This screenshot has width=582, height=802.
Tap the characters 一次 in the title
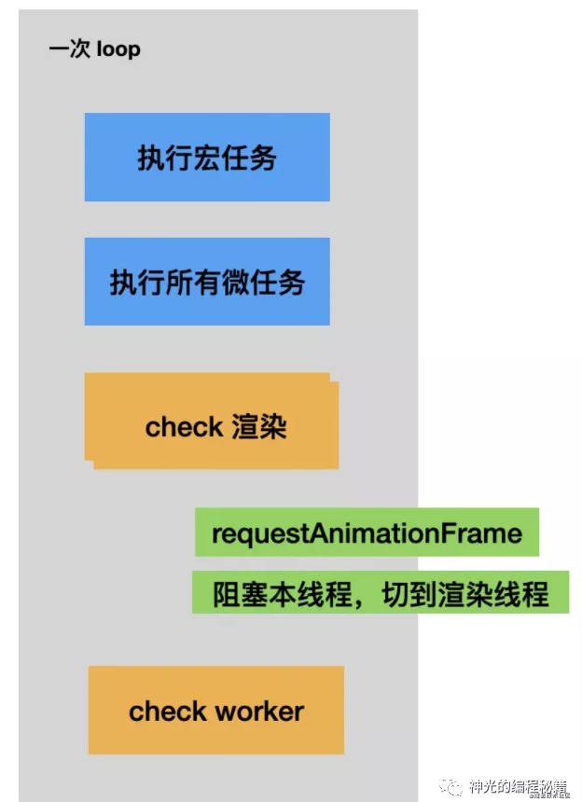click(x=69, y=48)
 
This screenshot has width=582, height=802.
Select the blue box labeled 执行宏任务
click(x=207, y=158)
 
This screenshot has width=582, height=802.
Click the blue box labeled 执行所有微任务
click(x=207, y=282)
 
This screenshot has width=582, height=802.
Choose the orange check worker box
click(x=216, y=711)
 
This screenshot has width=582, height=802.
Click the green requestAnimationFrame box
click(x=367, y=533)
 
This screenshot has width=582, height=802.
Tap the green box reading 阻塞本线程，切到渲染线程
click(x=381, y=593)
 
